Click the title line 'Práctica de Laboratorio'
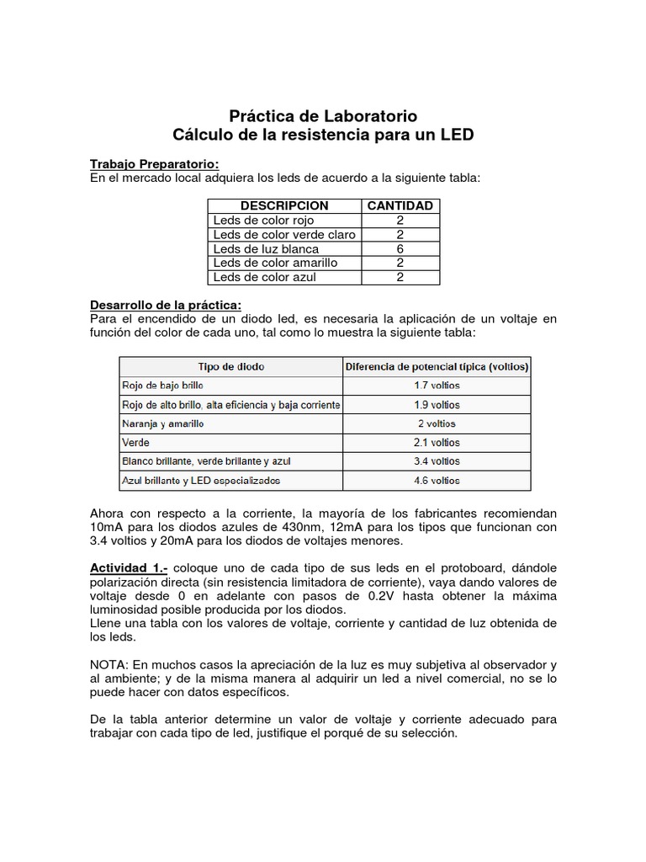point(323,116)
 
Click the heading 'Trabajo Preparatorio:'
point(155,163)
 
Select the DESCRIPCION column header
point(284,205)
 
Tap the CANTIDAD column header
point(400,205)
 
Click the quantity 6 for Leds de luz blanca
point(400,249)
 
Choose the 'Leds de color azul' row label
point(264,277)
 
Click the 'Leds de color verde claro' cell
point(284,235)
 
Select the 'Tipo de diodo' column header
point(231,366)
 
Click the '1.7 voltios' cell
point(437,386)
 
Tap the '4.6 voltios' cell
point(437,481)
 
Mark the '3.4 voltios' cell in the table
point(437,461)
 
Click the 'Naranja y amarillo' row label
point(163,423)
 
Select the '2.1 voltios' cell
point(437,442)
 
